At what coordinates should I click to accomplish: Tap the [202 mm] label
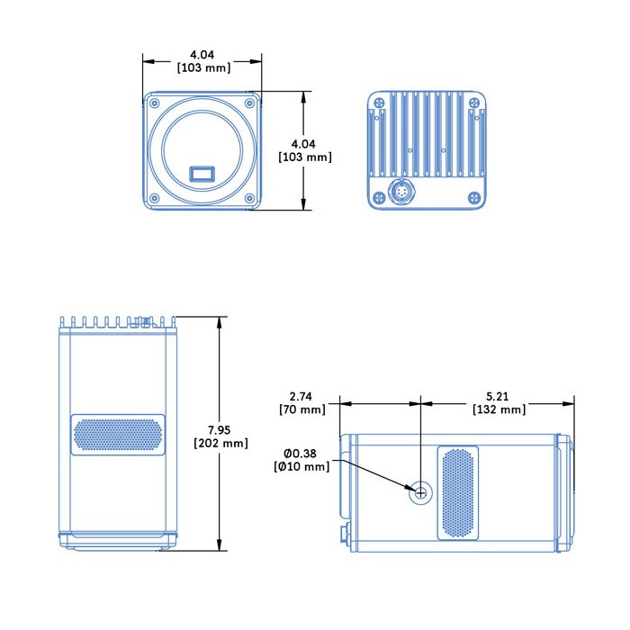click(x=220, y=443)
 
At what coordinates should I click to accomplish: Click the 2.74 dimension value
click(x=301, y=396)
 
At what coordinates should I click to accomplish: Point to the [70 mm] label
click(x=301, y=409)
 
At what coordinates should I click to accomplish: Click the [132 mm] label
click(x=499, y=409)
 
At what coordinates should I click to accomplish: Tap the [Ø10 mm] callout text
click(x=301, y=466)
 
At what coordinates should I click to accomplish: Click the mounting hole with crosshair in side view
click(x=420, y=491)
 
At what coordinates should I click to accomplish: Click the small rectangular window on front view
click(x=202, y=173)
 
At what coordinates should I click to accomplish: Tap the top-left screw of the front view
click(x=154, y=103)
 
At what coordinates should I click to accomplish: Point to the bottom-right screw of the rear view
click(x=478, y=197)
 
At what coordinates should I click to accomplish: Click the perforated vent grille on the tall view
click(x=118, y=436)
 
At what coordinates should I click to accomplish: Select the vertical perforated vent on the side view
click(x=457, y=493)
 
